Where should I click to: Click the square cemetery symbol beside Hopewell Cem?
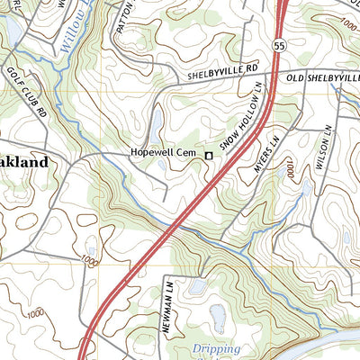(x=209, y=156)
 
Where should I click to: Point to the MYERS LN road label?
(x=266, y=154)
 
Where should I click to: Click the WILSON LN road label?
(x=320, y=143)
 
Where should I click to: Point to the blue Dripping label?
(x=215, y=348)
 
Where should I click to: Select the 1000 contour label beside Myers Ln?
(x=290, y=170)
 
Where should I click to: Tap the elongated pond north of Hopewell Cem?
(x=157, y=121)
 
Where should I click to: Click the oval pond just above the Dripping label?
(x=219, y=317)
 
